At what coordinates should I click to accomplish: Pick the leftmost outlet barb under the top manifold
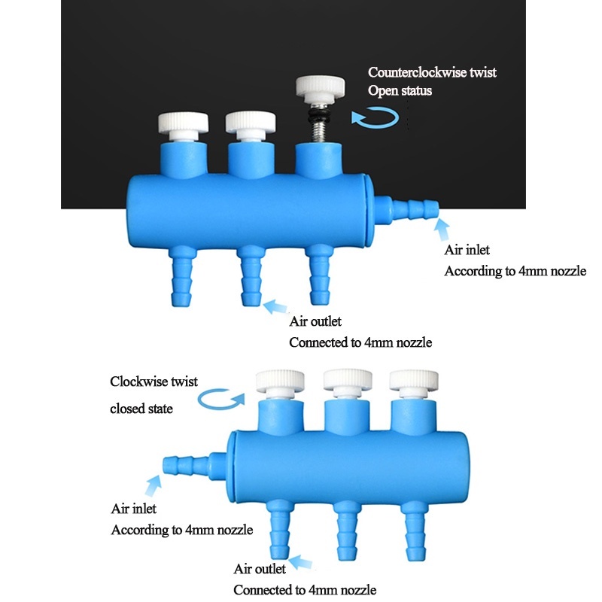pyautogui.click(x=183, y=275)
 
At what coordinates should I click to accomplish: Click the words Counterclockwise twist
pyautogui.click(x=432, y=73)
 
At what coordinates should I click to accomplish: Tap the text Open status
pyautogui.click(x=400, y=91)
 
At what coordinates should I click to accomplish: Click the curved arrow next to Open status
pyautogui.click(x=375, y=118)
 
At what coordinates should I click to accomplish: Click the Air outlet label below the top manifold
pyautogui.click(x=315, y=322)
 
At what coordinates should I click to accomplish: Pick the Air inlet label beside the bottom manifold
pyautogui.click(x=134, y=509)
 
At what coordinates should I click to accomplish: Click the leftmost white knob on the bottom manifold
pyautogui.click(x=278, y=381)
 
